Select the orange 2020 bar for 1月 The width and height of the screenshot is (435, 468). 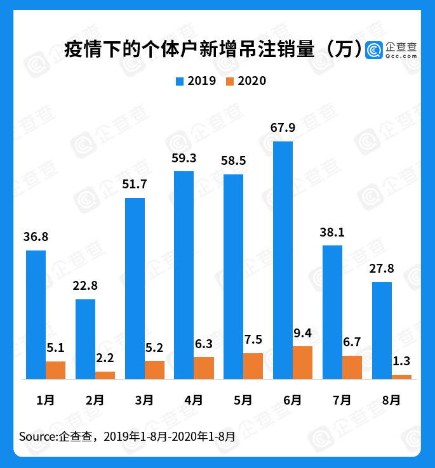(x=55, y=370)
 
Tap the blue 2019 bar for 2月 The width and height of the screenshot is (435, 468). (x=85, y=339)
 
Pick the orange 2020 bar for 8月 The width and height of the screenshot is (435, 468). (x=401, y=377)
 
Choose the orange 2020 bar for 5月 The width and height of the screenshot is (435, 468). (x=253, y=366)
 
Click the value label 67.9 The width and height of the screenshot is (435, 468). (x=283, y=128)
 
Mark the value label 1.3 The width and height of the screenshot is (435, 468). (x=401, y=361)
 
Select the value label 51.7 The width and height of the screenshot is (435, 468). (x=135, y=185)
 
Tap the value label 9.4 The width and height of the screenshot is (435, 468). (x=303, y=333)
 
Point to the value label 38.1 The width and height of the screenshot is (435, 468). (x=332, y=232)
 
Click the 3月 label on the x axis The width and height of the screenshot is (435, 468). (x=144, y=400)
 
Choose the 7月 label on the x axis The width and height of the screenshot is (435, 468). (x=342, y=400)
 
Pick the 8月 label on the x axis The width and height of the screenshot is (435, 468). (x=391, y=400)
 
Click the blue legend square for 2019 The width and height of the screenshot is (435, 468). (x=179, y=81)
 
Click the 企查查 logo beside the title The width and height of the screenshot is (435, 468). (x=392, y=49)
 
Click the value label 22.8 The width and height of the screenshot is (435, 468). (x=85, y=286)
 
